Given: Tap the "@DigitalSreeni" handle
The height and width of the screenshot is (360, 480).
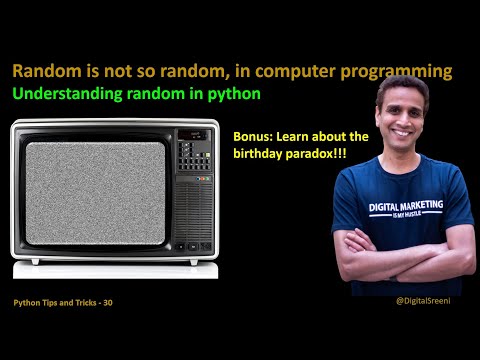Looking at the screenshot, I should (x=426, y=301).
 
